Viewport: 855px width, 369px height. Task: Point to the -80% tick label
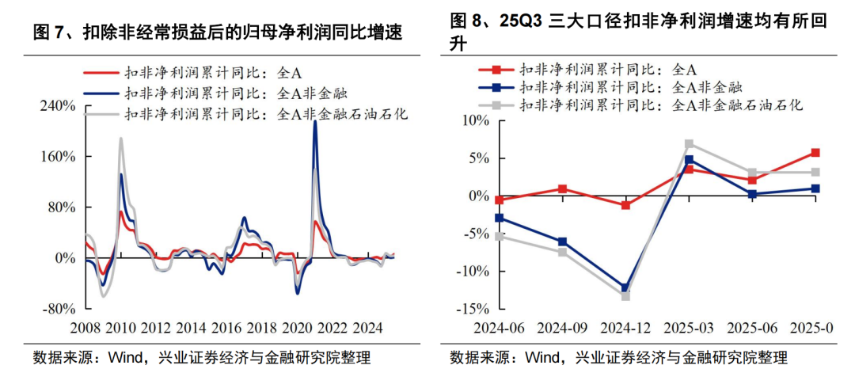(58, 309)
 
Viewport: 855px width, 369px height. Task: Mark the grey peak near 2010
(121, 139)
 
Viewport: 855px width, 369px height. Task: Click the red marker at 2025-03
(689, 169)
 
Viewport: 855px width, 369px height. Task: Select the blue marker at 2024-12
(625, 288)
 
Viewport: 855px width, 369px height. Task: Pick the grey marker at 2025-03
(689, 144)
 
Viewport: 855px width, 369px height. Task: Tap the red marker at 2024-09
(562, 189)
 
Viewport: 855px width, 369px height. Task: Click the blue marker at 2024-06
(499, 218)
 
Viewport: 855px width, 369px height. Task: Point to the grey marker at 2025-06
(752, 173)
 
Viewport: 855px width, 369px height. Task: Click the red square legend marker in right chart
(495, 69)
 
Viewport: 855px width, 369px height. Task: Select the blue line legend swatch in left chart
(101, 93)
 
